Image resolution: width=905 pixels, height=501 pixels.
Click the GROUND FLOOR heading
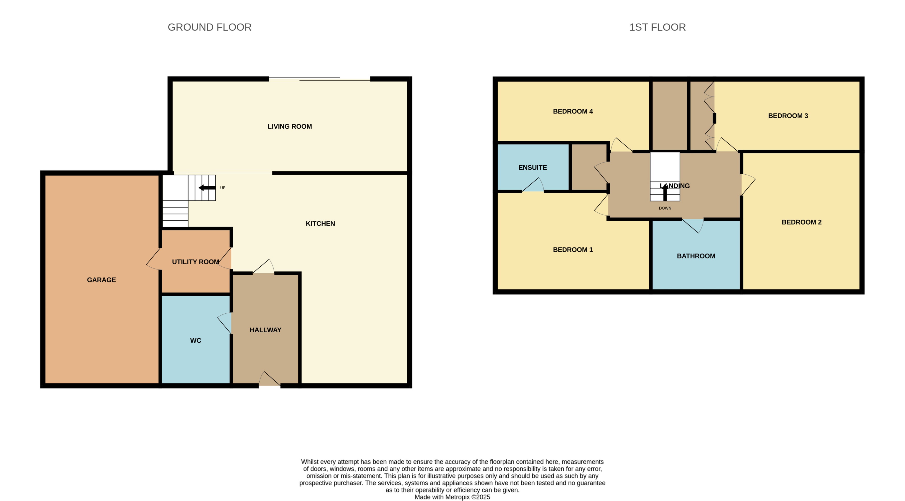click(209, 27)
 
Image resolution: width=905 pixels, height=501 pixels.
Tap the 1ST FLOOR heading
click(657, 27)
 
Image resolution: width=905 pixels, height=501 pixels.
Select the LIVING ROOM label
click(290, 126)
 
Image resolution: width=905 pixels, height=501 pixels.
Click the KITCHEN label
click(320, 224)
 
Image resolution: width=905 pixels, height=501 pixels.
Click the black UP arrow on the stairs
click(207, 188)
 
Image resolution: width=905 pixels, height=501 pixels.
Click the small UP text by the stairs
click(222, 188)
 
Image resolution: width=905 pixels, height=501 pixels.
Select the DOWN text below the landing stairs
click(665, 208)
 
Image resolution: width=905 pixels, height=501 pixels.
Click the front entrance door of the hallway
click(269, 380)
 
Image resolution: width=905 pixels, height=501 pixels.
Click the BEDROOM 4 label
click(573, 111)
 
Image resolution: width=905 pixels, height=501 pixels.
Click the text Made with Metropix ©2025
click(452, 497)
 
